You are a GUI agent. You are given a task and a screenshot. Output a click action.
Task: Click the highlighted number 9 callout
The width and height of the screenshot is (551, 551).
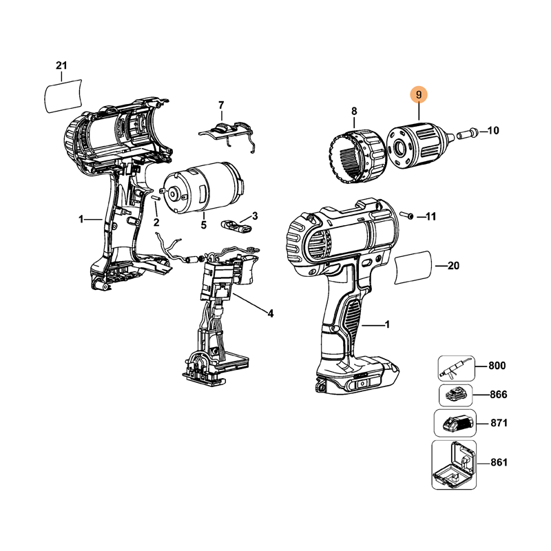pos(419,95)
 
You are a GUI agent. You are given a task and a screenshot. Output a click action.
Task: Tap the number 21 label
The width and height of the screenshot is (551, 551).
pos(61,65)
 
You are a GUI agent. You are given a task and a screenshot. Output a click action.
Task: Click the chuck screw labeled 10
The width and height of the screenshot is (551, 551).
pos(467,134)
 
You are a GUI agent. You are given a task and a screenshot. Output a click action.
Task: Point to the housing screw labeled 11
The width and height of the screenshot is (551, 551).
pos(407,215)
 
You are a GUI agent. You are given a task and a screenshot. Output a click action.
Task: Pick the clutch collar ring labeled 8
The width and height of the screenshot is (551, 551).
pos(357,156)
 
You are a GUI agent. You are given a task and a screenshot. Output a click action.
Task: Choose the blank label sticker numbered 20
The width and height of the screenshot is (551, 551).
pos(413,268)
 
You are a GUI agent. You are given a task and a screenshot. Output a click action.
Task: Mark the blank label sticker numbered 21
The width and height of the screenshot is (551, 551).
pos(63,96)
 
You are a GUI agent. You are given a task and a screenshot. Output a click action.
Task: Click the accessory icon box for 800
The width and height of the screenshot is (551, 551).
pos(456,368)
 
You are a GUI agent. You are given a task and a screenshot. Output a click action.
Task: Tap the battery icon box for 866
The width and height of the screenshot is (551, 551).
pos(455,395)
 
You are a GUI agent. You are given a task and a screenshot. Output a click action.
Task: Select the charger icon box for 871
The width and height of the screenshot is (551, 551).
pos(455,424)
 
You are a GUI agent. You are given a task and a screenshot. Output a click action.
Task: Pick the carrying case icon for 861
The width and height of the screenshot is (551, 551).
pos(454,465)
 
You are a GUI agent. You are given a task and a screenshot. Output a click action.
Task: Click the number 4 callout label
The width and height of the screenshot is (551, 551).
pos(270,313)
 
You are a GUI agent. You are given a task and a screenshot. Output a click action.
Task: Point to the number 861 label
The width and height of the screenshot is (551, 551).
pos(499,462)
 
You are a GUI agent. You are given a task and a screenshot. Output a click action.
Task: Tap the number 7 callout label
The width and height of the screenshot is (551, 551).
pos(221,105)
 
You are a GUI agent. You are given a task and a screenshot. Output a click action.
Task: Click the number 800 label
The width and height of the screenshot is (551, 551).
pos(497,366)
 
